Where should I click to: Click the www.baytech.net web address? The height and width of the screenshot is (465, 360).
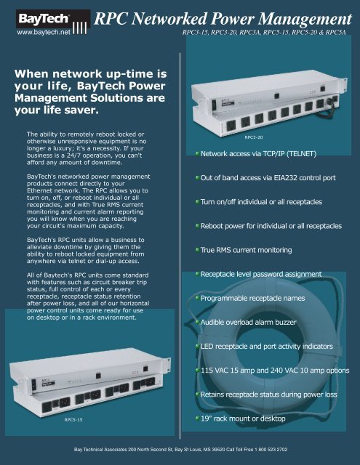[x=35, y=33]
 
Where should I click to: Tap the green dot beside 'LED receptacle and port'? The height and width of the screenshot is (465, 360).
[x=197, y=346]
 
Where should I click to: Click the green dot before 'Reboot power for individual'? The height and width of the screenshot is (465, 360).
[x=197, y=225]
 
